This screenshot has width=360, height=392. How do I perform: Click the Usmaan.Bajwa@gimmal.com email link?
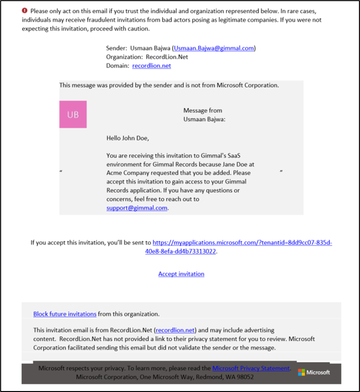point(214,48)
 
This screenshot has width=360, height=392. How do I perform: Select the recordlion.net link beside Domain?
point(151,65)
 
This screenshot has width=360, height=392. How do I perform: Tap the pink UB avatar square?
point(73,114)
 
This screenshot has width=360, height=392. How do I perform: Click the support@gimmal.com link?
point(137,208)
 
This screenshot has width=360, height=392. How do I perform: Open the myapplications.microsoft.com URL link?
point(242,242)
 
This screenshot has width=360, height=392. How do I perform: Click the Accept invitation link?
point(181,274)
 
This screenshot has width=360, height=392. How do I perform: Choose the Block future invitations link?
point(65,314)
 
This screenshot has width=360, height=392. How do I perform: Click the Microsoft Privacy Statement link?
point(251,368)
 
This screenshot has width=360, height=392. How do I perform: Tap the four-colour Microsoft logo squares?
point(301,373)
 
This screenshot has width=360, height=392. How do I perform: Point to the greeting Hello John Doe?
point(128,138)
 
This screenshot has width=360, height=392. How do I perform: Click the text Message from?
point(203,111)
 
